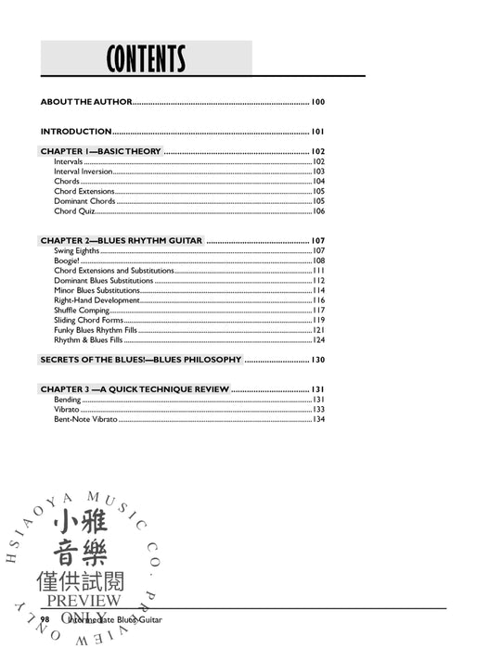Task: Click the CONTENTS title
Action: [146, 59]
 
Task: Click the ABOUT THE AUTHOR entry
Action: [86, 102]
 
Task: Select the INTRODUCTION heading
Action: [76, 132]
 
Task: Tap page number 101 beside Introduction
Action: [317, 132]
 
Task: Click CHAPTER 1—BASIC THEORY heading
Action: [101, 151]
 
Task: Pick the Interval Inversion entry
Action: [84, 172]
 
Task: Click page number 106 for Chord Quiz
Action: [318, 211]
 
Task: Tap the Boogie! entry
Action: [67, 261]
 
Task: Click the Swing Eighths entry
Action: [76, 251]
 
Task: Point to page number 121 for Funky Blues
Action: [318, 330]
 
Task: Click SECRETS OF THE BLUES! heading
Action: [140, 360]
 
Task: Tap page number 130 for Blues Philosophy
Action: [317, 360]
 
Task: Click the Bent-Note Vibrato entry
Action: [85, 419]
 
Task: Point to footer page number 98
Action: [44, 617]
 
